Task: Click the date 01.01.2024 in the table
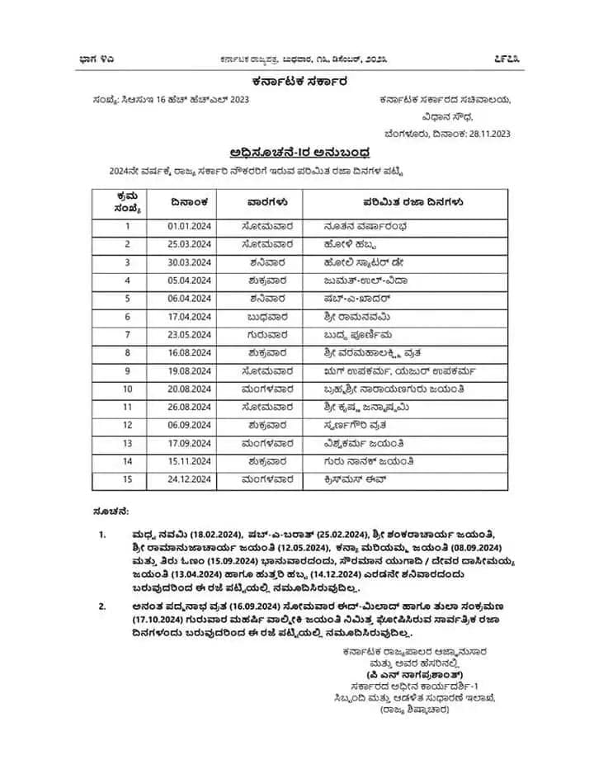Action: [x=185, y=224]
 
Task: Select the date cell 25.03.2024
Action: [x=185, y=243]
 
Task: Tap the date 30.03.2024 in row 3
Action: [x=185, y=262]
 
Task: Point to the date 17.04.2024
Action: [x=185, y=316]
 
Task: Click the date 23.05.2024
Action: [x=185, y=335]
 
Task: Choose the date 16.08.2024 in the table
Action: [x=185, y=353]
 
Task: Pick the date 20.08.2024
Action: [x=185, y=389]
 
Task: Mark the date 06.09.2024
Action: [x=185, y=425]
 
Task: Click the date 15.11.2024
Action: [x=185, y=461]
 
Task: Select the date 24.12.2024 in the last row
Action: [x=185, y=479]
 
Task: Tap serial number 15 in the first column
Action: [x=128, y=479]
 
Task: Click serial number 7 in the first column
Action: [x=128, y=335]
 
